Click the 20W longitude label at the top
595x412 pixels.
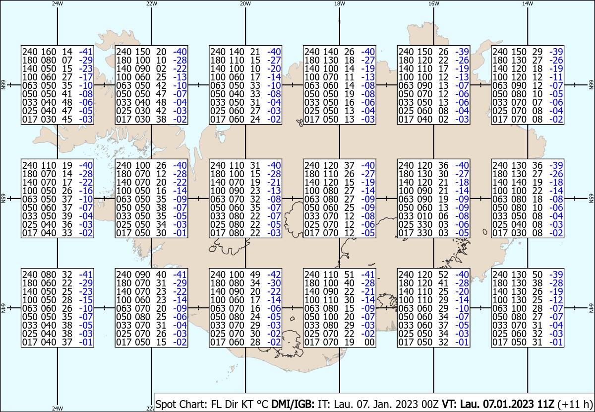pyautogui.click(x=245, y=3)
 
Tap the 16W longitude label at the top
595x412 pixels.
pyautogui.click(x=433, y=3)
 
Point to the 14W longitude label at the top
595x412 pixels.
pyautogui.click(x=527, y=3)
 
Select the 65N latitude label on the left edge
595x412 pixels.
pyautogui.click(x=3, y=199)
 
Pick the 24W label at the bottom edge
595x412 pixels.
pyautogui.click(x=57, y=409)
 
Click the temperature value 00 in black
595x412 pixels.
pyautogui.click(x=369, y=342)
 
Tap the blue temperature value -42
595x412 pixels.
pyautogui.click(x=274, y=275)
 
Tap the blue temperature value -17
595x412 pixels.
pyautogui.click(x=86, y=77)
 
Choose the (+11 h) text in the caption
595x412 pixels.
pyautogui.click(x=575, y=404)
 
